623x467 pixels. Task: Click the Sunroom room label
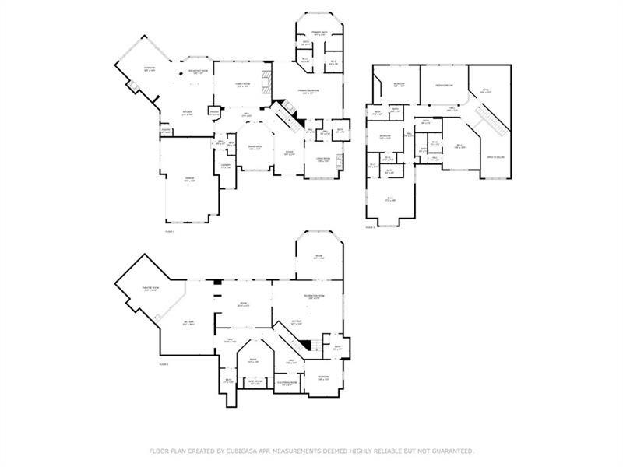pyautogui.click(x=149, y=68)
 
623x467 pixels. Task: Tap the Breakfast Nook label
pyautogui.click(x=195, y=72)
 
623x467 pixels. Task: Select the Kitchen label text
pyautogui.click(x=187, y=113)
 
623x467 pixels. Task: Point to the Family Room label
pyautogui.click(x=242, y=85)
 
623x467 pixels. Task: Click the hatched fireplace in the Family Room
pyautogui.click(x=267, y=82)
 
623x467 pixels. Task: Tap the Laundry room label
pyautogui.click(x=225, y=165)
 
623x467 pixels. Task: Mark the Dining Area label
pyautogui.click(x=254, y=147)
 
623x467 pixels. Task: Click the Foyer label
pyautogui.click(x=288, y=153)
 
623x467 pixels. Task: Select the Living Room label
pyautogui.click(x=322, y=160)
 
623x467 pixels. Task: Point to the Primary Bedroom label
pyautogui.click(x=308, y=91)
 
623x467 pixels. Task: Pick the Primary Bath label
pyautogui.click(x=319, y=33)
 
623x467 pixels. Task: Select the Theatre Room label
pyautogui.click(x=150, y=290)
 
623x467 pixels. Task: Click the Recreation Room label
pyautogui.click(x=314, y=297)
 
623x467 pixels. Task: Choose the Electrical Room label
pyautogui.click(x=287, y=383)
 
